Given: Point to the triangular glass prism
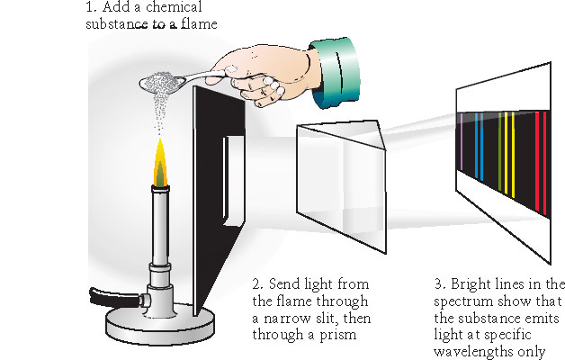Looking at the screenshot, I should coord(342,171).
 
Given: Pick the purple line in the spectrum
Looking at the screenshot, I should coord(461,144).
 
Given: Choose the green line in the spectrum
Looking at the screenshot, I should coord(500,148).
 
